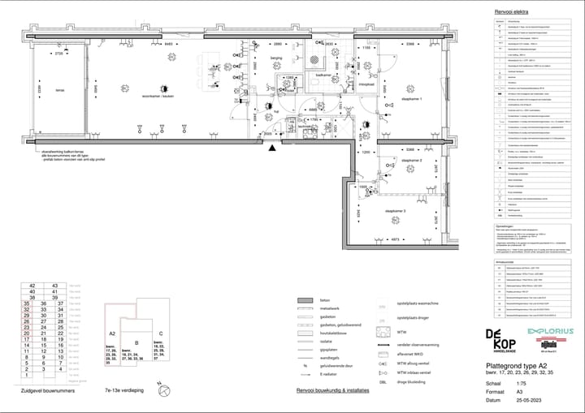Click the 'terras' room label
(59, 90)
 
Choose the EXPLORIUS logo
(551, 332)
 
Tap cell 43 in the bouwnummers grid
(54, 286)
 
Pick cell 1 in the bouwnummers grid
(32, 376)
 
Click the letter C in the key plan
(161, 333)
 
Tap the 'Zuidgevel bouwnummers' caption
(48, 391)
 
